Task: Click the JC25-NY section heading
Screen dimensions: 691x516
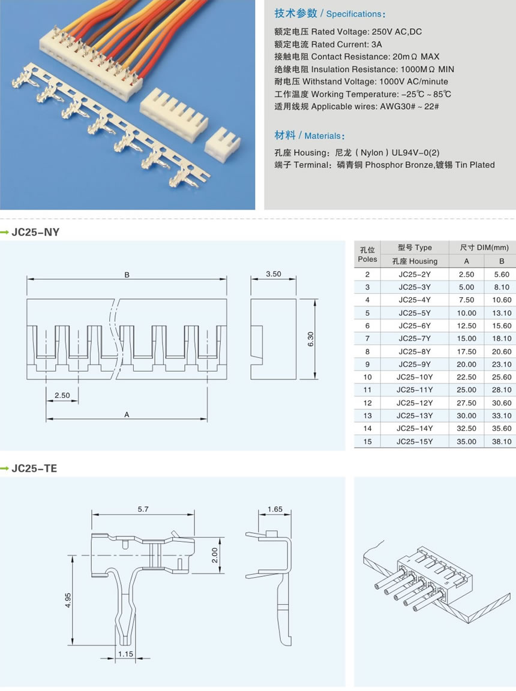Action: [35, 232]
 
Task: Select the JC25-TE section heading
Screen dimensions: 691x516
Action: [34, 468]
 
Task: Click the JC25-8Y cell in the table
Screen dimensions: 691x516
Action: [415, 352]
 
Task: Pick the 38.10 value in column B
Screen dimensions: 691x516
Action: [502, 442]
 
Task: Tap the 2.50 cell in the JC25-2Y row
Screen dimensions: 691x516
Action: [466, 274]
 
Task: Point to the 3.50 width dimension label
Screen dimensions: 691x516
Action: [273, 274]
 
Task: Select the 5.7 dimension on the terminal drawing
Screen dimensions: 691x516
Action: [143, 509]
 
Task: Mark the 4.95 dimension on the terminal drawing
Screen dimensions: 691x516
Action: [68, 600]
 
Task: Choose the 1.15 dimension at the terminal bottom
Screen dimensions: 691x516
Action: [125, 654]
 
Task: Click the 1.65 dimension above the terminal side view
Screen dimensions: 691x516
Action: [274, 509]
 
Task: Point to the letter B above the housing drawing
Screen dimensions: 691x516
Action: [127, 275]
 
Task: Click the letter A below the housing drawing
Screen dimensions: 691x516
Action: [127, 414]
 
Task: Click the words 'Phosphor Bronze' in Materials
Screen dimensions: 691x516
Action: [398, 165]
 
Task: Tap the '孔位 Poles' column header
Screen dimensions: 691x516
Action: [367, 254]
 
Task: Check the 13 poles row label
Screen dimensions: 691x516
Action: [367, 416]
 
